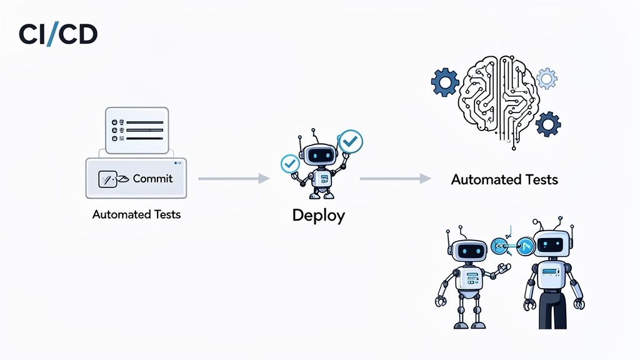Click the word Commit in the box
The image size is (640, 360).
[x=152, y=179]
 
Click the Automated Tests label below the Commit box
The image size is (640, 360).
[x=136, y=214]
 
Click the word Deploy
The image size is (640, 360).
[x=318, y=216]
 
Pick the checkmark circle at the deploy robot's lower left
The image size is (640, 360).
[x=289, y=164]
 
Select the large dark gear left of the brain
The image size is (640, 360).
[x=445, y=82]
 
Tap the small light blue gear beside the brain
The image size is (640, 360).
[x=547, y=79]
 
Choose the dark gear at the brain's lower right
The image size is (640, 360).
[x=548, y=124]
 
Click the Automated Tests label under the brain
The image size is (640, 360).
[x=504, y=180]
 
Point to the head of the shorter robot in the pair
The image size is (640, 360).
[x=467, y=251]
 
